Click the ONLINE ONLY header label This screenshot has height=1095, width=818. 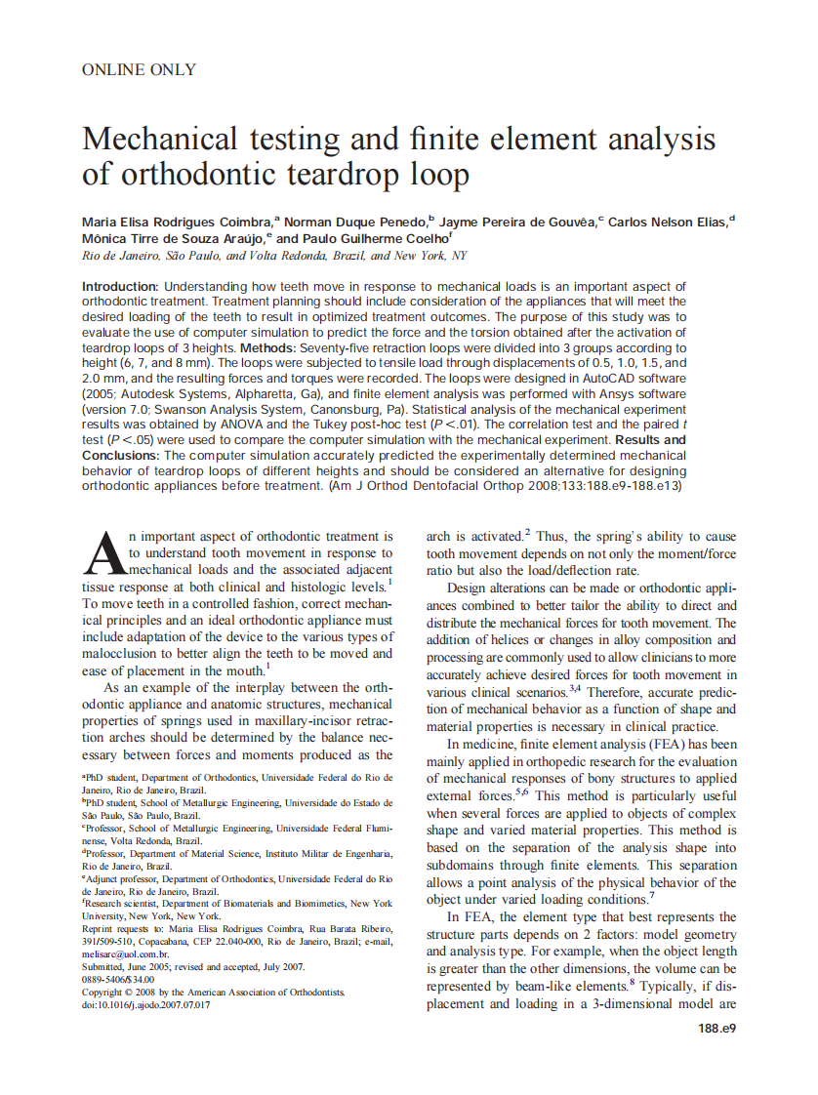[x=139, y=70]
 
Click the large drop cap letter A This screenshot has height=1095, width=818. [x=104, y=554]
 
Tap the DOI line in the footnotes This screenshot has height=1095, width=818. [x=146, y=1004]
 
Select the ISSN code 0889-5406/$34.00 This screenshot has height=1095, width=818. [x=118, y=979]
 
